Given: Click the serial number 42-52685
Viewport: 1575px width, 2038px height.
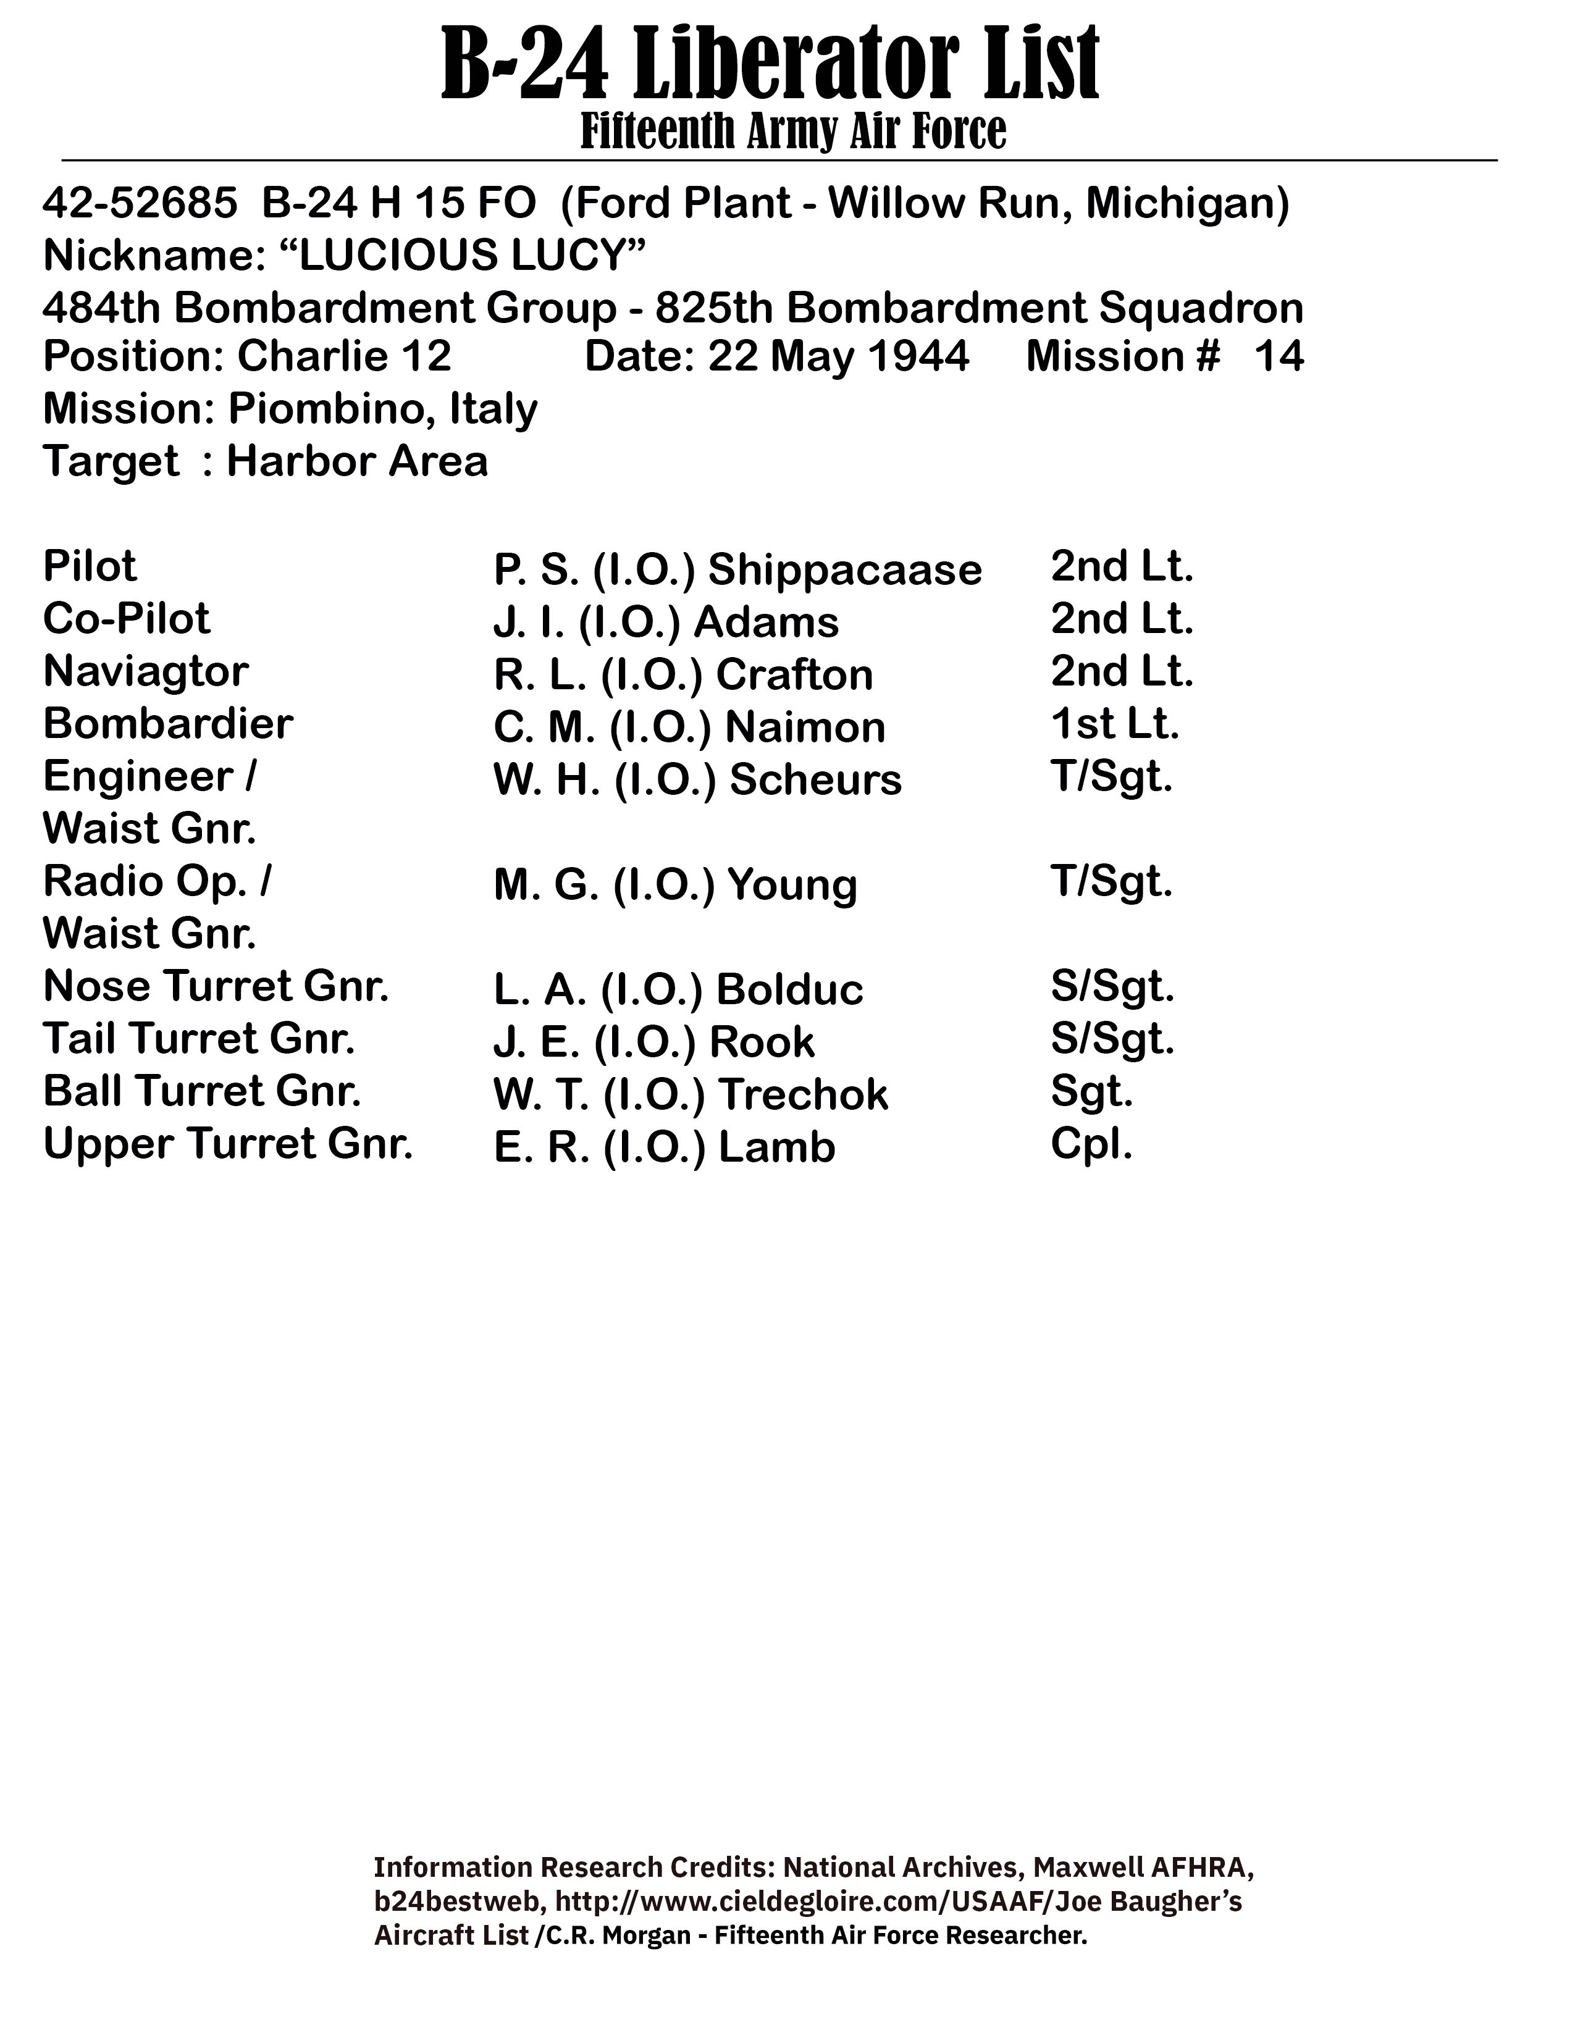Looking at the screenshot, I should coord(140,203).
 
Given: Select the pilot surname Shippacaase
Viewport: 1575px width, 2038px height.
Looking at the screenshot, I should coord(844,569).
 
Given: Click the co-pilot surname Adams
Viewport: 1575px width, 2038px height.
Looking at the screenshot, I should coord(765,623).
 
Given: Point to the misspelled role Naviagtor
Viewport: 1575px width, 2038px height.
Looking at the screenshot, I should coord(146,671).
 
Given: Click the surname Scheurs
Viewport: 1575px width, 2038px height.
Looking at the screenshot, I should coord(815,780).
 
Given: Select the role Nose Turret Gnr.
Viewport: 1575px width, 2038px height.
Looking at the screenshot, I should coord(216,986).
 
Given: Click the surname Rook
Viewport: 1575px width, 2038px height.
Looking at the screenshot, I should coord(762,1042).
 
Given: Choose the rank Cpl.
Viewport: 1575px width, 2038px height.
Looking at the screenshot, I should coord(1091,1144).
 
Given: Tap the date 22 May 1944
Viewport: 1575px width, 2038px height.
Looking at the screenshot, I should coord(838,358).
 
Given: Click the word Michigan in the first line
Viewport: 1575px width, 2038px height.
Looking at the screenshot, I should coord(1183,203).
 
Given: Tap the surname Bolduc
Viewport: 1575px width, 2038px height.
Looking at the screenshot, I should coord(789,990).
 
